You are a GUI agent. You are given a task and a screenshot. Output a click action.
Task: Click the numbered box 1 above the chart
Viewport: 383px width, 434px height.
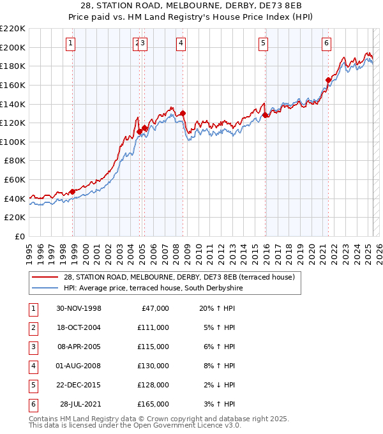click(70, 43)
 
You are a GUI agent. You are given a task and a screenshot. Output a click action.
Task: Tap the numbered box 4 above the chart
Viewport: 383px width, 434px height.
click(181, 43)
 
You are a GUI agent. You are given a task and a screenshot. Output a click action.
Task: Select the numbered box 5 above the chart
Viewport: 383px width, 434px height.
click(263, 43)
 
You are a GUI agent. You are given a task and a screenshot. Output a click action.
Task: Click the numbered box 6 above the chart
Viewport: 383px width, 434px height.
click(326, 43)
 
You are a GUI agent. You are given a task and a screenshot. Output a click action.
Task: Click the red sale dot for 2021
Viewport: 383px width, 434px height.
click(328, 80)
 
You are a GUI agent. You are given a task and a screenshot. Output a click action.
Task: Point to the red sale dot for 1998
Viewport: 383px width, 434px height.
click(73, 191)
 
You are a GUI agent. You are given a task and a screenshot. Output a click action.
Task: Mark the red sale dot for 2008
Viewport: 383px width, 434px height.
click(183, 113)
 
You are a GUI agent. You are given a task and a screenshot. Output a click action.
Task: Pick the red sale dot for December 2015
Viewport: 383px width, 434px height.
click(266, 115)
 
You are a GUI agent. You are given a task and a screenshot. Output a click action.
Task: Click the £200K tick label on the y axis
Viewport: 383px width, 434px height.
click(13, 47)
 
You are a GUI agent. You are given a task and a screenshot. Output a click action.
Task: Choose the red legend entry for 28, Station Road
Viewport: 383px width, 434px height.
click(179, 277)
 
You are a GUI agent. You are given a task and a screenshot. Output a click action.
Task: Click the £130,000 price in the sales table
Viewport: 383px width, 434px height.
click(153, 366)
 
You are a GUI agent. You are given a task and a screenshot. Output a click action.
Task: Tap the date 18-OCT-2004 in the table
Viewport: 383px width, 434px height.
click(79, 327)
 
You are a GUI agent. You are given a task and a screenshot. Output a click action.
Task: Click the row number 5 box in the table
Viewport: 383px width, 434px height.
click(33, 385)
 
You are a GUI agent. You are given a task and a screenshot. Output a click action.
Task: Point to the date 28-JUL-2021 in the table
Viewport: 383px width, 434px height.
click(81, 404)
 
